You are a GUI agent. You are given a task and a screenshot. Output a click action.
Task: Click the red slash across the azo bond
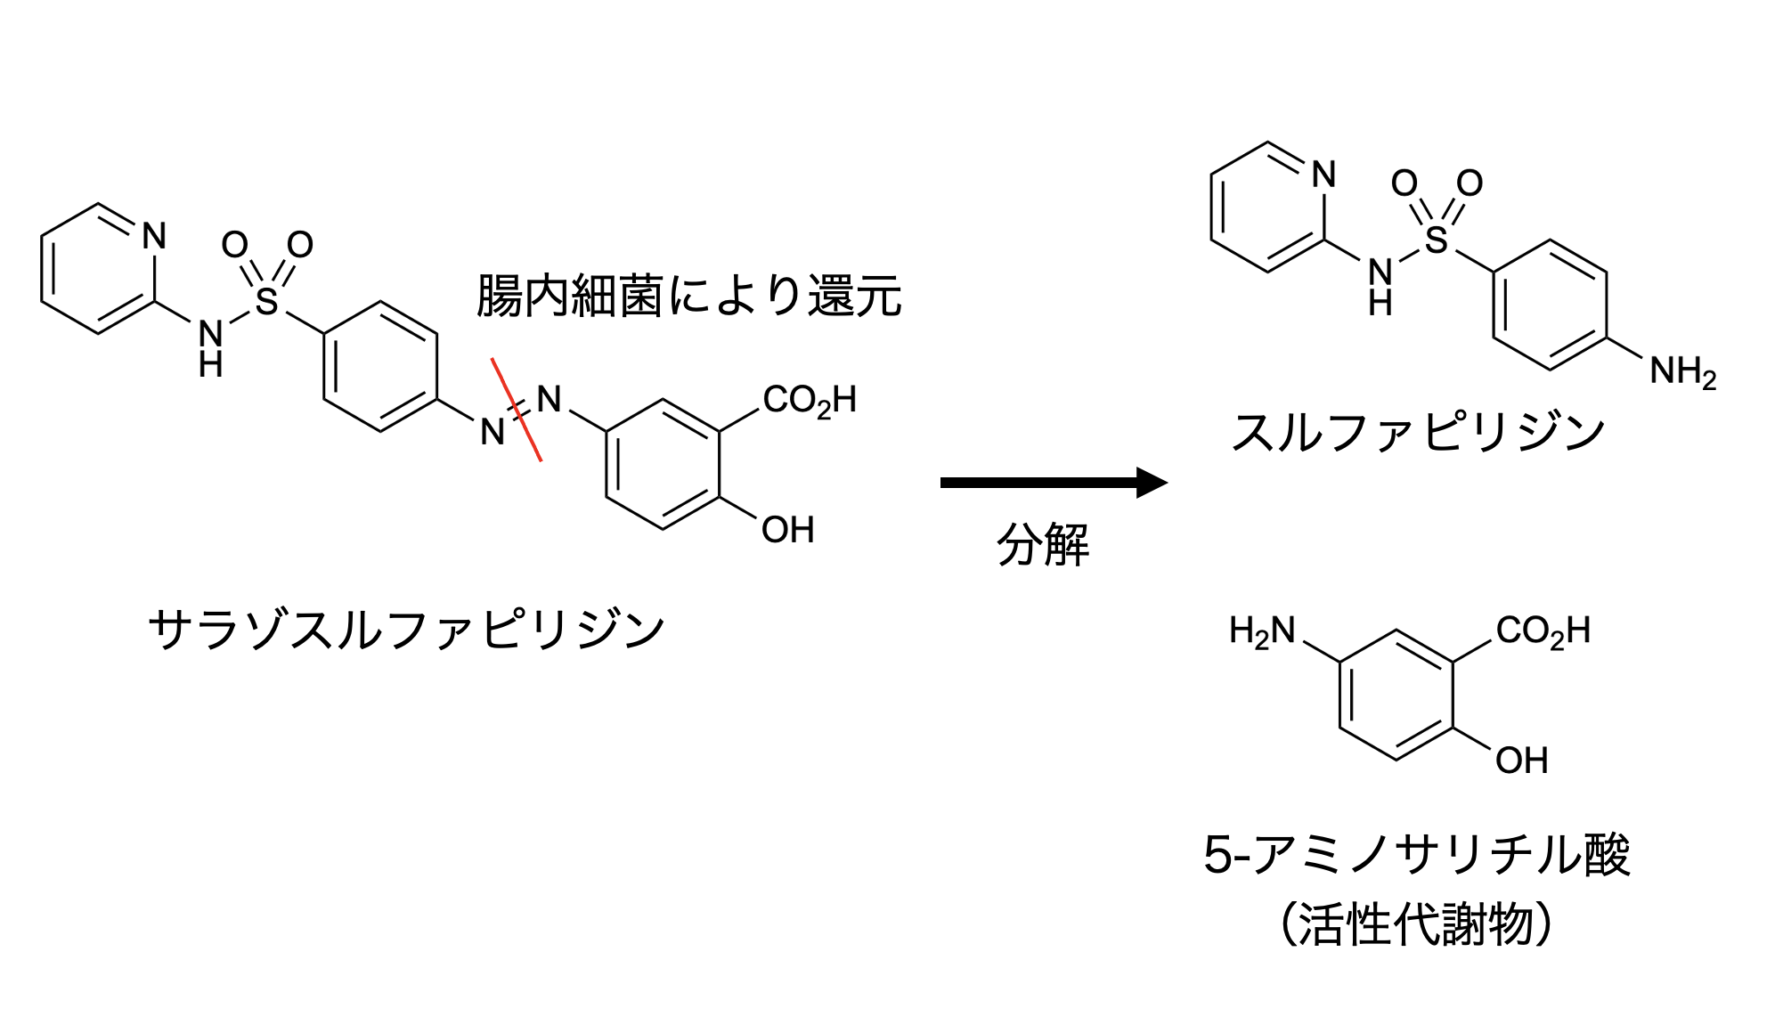tap(517, 410)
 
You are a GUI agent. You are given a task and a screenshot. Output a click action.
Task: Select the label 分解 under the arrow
tap(1042, 544)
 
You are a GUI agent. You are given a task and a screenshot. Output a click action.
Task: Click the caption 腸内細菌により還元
tap(689, 296)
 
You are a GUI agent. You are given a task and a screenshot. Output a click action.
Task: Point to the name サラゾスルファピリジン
tap(407, 630)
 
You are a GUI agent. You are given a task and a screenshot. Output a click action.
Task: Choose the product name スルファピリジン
tap(1418, 433)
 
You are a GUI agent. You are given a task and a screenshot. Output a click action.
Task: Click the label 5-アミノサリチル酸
tap(1416, 855)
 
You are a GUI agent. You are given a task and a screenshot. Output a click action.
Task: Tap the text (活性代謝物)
tap(1416, 924)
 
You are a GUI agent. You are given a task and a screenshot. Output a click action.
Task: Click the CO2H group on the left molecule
tap(809, 401)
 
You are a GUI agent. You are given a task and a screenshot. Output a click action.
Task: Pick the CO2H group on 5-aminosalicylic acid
tap(1543, 632)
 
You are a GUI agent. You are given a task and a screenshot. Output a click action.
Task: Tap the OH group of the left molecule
tap(787, 531)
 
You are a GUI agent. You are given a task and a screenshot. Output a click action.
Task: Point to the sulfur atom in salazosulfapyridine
tap(266, 301)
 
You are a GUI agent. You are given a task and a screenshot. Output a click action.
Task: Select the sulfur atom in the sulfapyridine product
tap(1436, 240)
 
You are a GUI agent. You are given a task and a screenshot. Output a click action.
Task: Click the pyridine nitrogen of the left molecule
tap(154, 236)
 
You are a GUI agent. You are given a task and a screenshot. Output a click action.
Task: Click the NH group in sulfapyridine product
tap(1380, 285)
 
